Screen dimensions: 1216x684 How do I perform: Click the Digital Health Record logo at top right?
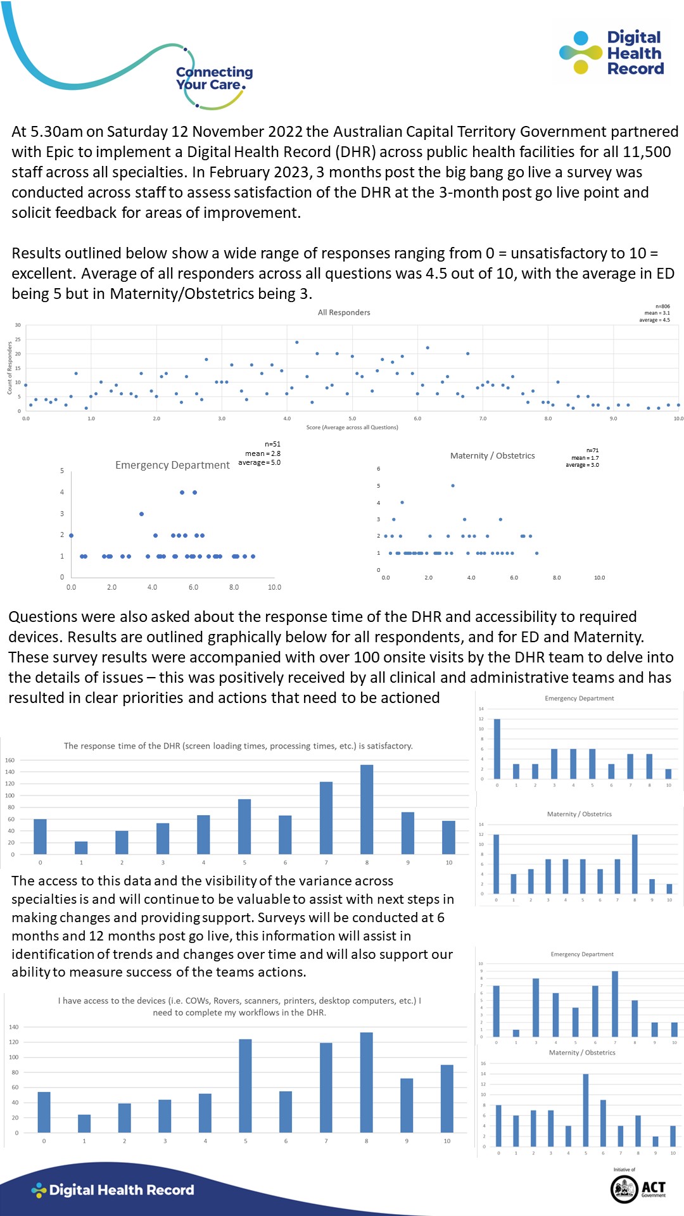tap(612, 53)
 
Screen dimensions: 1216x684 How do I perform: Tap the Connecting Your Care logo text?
tap(214, 79)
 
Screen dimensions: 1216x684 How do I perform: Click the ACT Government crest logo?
tap(624, 1188)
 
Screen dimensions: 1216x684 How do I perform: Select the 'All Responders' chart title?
tap(344, 312)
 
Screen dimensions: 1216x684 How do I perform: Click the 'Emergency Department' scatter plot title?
tap(172, 465)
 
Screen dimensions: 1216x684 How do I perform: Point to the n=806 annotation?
tap(662, 307)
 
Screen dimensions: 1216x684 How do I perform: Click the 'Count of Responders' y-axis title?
tap(9, 368)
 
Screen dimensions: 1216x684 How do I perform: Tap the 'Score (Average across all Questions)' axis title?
tap(352, 427)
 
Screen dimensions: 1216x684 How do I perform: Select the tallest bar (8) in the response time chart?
tap(367, 809)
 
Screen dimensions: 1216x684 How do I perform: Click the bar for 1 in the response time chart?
tap(81, 847)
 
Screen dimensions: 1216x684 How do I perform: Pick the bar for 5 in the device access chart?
tap(245, 1086)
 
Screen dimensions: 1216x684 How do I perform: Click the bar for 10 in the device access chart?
tap(447, 1099)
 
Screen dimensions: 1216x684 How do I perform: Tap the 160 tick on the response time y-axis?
tap(9, 760)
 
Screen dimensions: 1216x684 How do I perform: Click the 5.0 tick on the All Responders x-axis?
tap(352, 419)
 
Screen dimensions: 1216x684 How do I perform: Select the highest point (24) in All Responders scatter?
tap(297, 342)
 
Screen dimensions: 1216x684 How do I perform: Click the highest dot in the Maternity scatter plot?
tap(453, 486)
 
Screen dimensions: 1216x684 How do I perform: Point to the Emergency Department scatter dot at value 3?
tap(141, 514)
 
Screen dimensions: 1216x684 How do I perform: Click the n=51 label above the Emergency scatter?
tap(272, 445)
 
